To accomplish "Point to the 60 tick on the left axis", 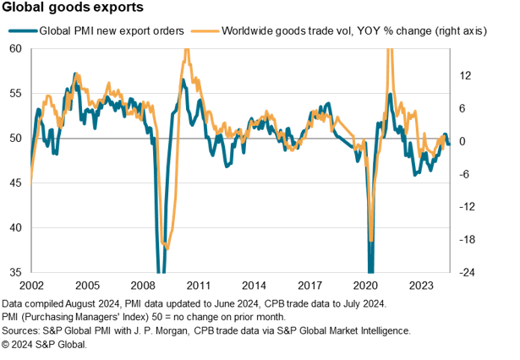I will tap(16, 49).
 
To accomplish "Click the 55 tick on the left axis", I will tap(16, 94).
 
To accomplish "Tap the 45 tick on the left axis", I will tap(16, 183).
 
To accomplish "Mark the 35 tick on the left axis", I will tap(16, 272).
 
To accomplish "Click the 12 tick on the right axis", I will tap(465, 74).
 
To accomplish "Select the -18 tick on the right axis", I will tap(463, 239).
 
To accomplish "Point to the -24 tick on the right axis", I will tap(463, 272).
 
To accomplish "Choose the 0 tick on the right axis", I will tap(464, 140).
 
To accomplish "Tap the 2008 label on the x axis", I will tap(143, 286).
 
